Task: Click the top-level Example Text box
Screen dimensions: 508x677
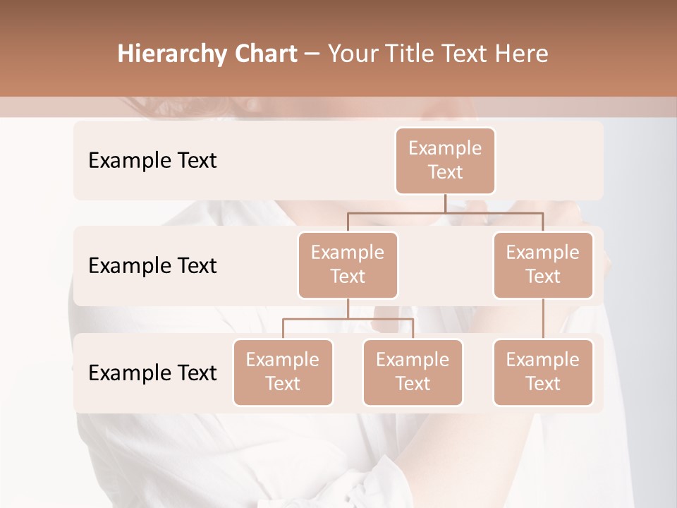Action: [x=445, y=161]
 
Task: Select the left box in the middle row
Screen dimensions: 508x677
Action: [x=348, y=265]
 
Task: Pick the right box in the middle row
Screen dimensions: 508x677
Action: [x=543, y=265]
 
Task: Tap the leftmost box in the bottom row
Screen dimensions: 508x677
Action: [x=283, y=373]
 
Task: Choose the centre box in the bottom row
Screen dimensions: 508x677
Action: [x=413, y=373]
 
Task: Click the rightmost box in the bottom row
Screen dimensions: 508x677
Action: [x=543, y=373]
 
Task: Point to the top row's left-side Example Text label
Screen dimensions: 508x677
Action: [x=152, y=161]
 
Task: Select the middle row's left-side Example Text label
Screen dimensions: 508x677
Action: [x=152, y=266]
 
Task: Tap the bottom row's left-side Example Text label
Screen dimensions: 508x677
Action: [x=152, y=373]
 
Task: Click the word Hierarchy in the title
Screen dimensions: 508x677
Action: [x=169, y=54]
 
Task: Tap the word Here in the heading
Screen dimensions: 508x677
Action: [x=523, y=54]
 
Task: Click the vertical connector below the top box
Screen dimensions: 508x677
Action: [x=445, y=203]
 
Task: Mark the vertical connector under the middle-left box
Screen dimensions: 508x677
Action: [x=348, y=308]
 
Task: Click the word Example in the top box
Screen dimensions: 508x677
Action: [x=445, y=148]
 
